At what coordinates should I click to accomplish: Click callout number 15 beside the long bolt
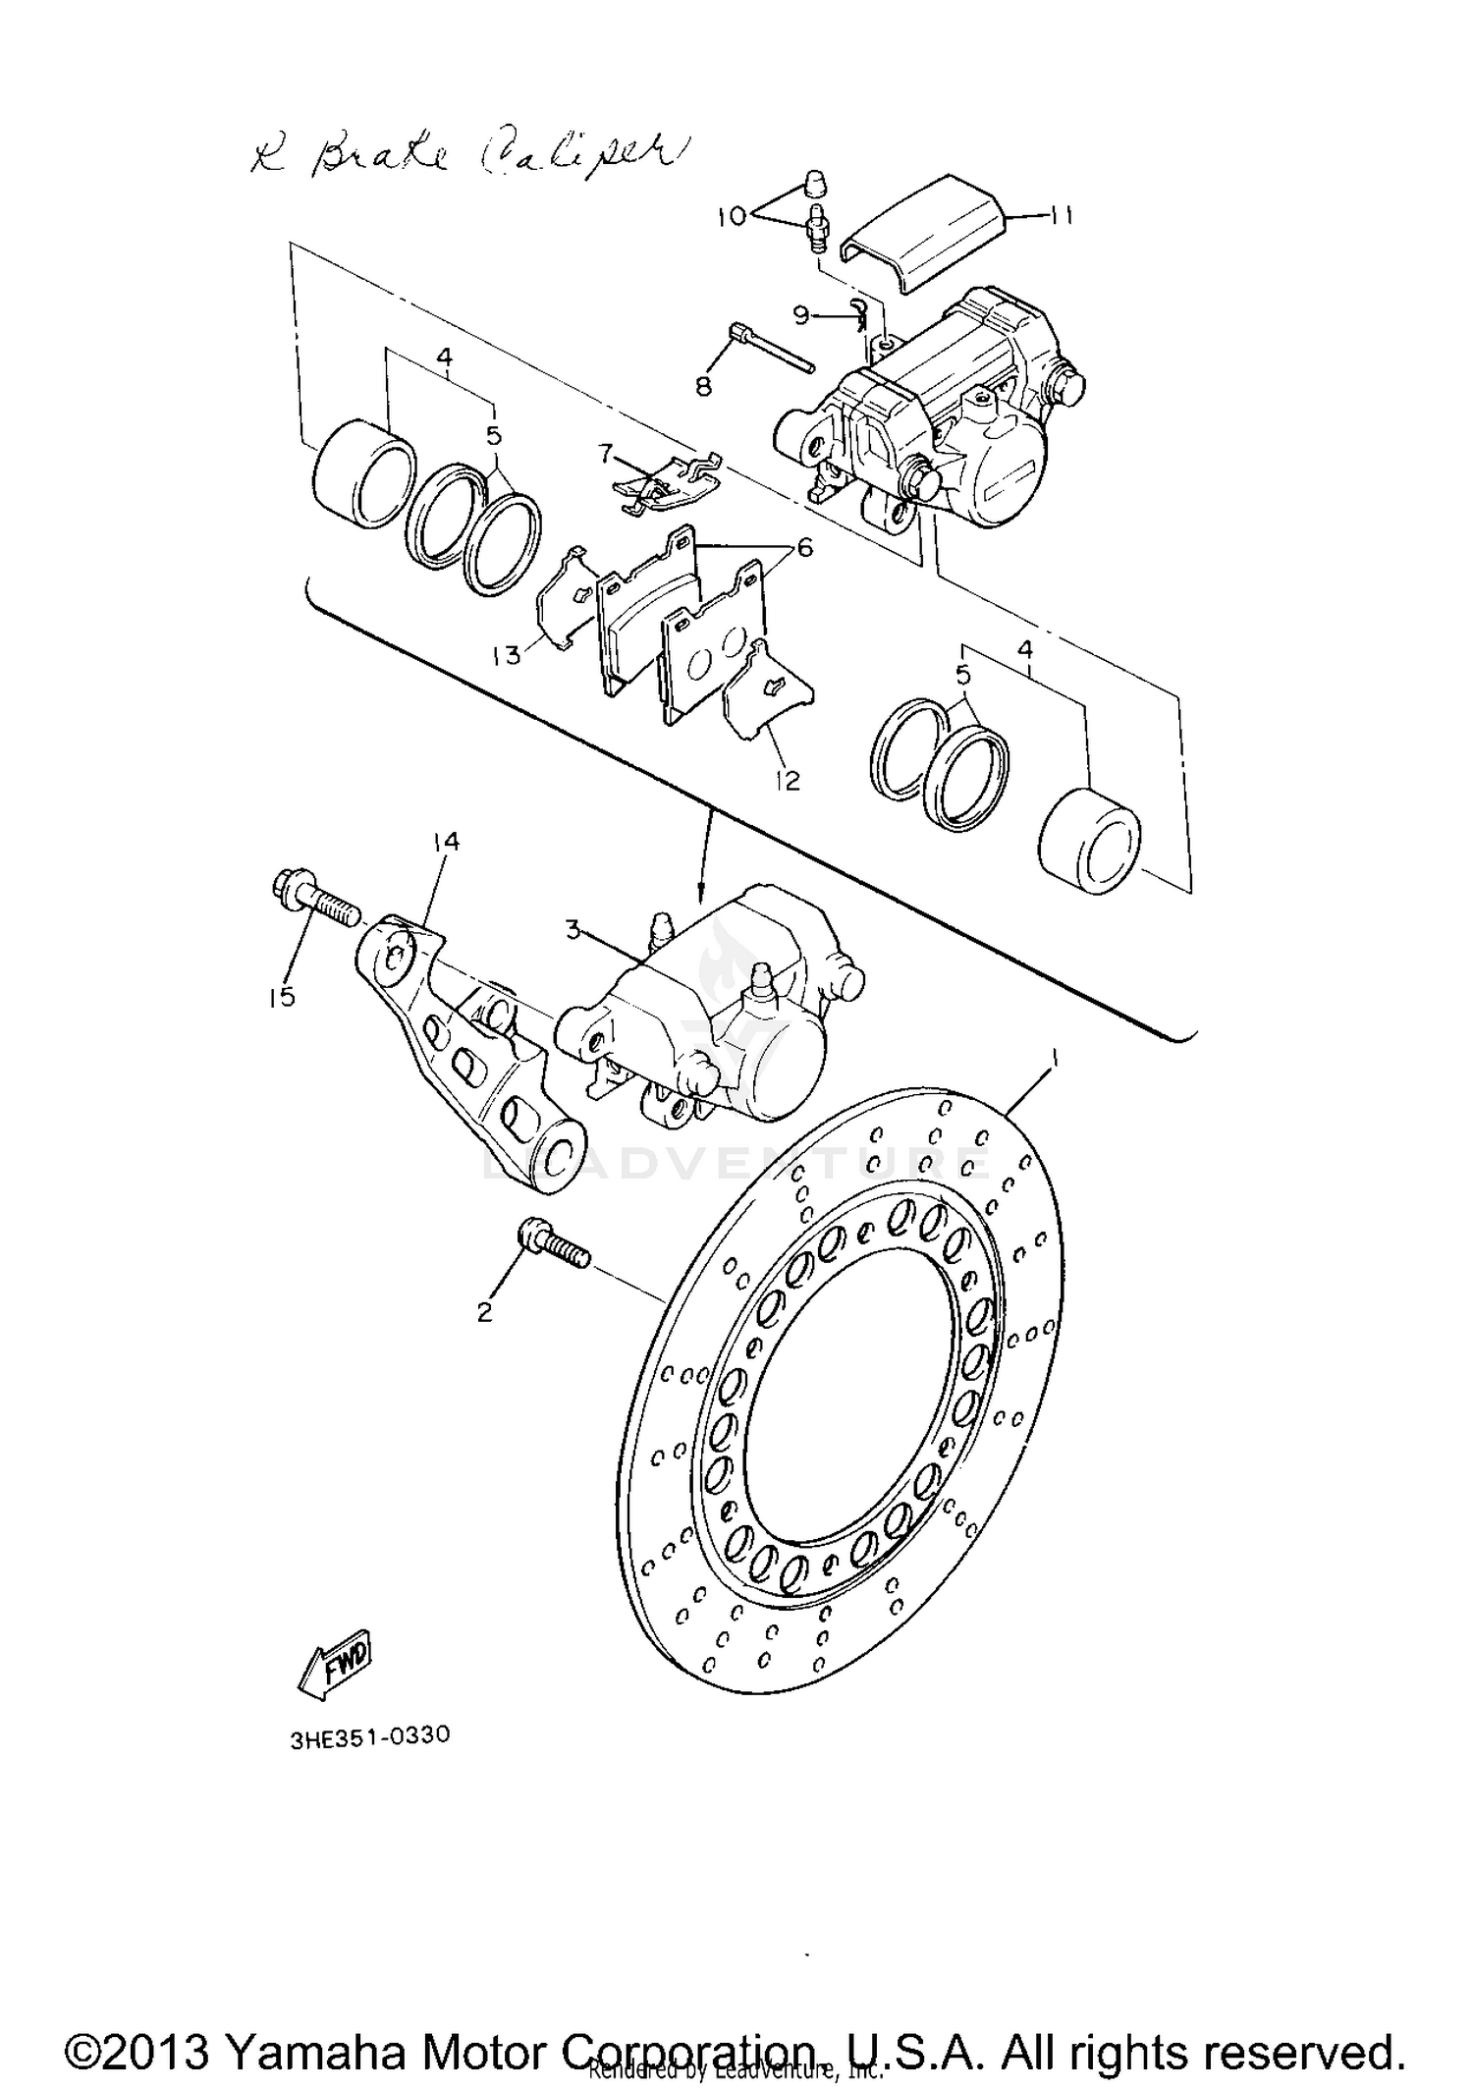(x=281, y=997)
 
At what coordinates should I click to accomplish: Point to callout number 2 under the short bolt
(x=484, y=1311)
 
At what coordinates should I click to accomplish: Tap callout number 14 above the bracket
(x=446, y=841)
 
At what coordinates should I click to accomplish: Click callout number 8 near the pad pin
(x=703, y=387)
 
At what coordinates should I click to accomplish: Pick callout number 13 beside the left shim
(x=507, y=654)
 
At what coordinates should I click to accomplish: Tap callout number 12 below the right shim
(x=788, y=780)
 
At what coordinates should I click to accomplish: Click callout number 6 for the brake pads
(x=805, y=547)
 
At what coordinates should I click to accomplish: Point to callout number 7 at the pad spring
(x=606, y=454)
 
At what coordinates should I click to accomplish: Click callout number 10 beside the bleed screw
(x=733, y=215)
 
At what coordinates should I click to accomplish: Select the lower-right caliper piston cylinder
(x=1088, y=840)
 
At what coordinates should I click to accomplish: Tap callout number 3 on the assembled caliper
(x=574, y=929)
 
